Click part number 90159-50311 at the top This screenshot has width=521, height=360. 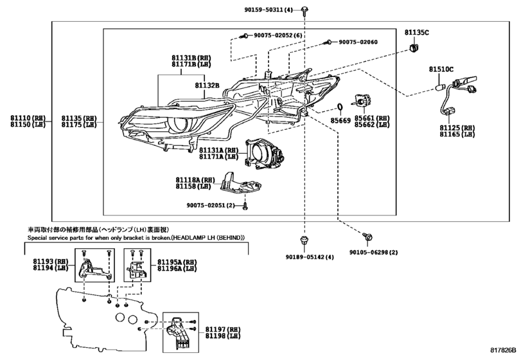(268, 10)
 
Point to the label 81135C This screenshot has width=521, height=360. (416, 32)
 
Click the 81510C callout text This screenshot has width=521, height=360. (441, 69)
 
